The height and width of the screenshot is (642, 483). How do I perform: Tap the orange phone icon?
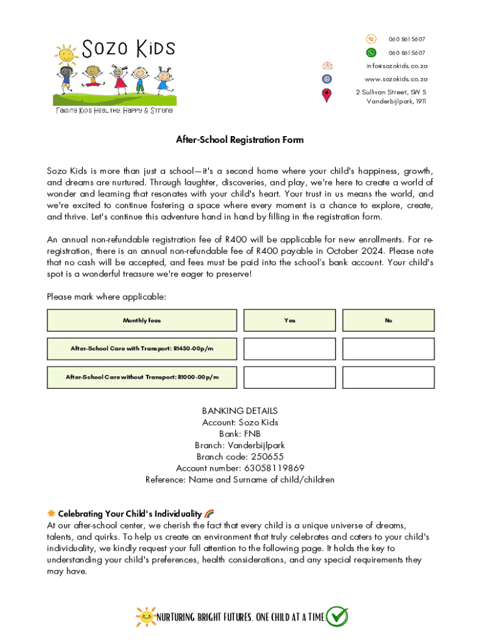click(371, 39)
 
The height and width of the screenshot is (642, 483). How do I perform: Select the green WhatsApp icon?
click(371, 53)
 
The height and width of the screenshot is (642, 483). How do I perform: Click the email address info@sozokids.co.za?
click(397, 66)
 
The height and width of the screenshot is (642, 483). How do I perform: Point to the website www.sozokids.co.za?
click(396, 79)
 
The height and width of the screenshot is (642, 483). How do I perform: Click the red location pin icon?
click(326, 96)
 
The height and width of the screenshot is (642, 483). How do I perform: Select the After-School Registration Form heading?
click(240, 140)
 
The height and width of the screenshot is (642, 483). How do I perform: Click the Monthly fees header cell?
click(142, 320)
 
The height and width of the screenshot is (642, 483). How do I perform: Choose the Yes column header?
click(289, 320)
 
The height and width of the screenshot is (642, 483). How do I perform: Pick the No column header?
click(388, 320)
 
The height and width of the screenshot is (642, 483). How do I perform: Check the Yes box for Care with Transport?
click(289, 349)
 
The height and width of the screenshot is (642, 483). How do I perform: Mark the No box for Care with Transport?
click(388, 349)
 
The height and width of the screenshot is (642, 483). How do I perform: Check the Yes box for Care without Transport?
click(289, 377)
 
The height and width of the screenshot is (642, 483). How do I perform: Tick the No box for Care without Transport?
click(388, 377)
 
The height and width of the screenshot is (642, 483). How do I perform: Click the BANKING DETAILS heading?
click(240, 411)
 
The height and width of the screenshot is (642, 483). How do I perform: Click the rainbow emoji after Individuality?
click(210, 513)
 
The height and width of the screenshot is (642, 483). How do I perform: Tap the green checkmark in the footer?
click(337, 617)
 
